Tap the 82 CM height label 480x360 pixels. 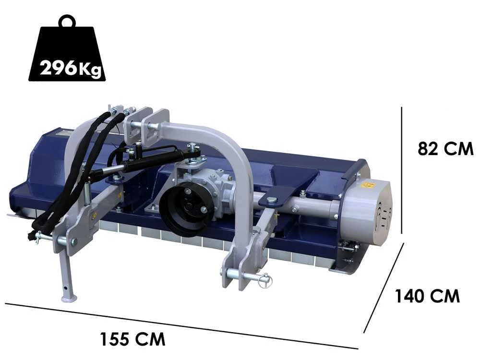point(445,149)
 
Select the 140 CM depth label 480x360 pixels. point(427,296)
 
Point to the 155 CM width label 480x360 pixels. point(132,339)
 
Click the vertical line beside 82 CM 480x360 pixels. point(402,170)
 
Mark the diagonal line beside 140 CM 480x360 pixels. point(384,288)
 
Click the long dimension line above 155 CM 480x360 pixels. point(181,326)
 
